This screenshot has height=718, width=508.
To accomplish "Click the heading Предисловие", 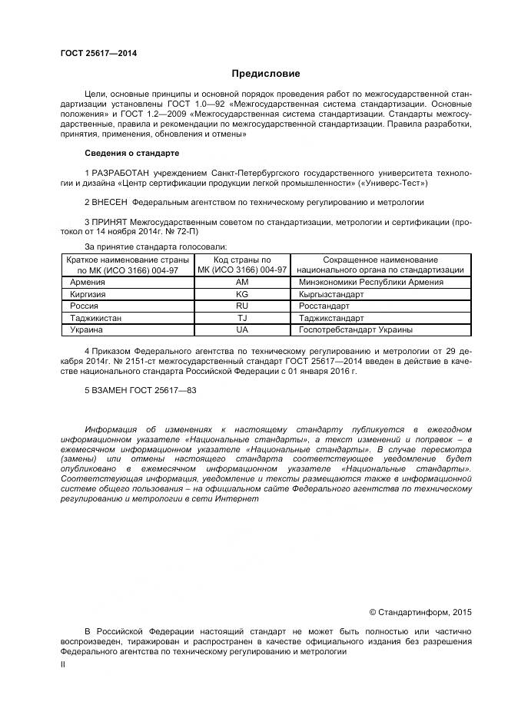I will (266, 74).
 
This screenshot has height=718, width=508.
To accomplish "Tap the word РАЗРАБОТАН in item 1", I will (120, 174).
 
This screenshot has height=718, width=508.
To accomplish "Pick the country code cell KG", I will (242, 294).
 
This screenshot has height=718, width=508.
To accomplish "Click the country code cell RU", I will (242, 306).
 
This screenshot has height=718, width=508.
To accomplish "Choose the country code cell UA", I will (242, 329).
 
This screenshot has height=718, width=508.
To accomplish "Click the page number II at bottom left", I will (63, 665).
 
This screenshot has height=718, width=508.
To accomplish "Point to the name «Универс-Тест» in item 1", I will (402, 184).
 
